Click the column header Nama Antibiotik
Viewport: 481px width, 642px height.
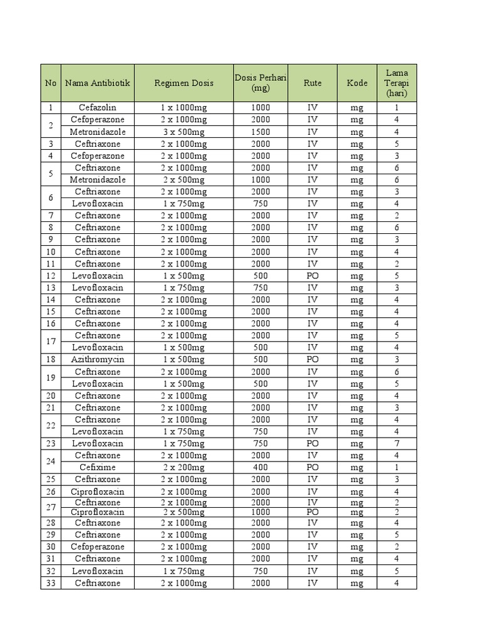click(x=97, y=83)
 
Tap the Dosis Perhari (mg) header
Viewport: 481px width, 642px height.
click(x=261, y=83)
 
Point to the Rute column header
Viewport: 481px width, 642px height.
click(x=313, y=83)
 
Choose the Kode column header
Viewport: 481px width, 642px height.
click(x=357, y=83)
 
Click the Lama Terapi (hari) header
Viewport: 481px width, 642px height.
click(x=396, y=83)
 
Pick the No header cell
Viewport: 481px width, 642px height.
click(x=51, y=83)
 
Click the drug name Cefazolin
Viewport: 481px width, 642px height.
click(x=97, y=108)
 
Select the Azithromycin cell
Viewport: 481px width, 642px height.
click(x=97, y=360)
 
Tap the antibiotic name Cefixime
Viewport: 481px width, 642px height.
click(x=97, y=468)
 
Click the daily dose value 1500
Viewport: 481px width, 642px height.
click(x=261, y=132)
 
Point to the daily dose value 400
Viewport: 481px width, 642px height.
click(x=261, y=468)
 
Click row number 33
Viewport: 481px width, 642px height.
click(x=51, y=583)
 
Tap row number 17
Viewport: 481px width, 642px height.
click(x=51, y=342)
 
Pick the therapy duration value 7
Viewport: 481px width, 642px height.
click(x=396, y=444)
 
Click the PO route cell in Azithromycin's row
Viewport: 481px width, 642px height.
click(x=313, y=360)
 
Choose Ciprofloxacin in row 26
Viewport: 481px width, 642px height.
click(x=97, y=492)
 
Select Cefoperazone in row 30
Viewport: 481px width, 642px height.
click(x=97, y=547)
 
